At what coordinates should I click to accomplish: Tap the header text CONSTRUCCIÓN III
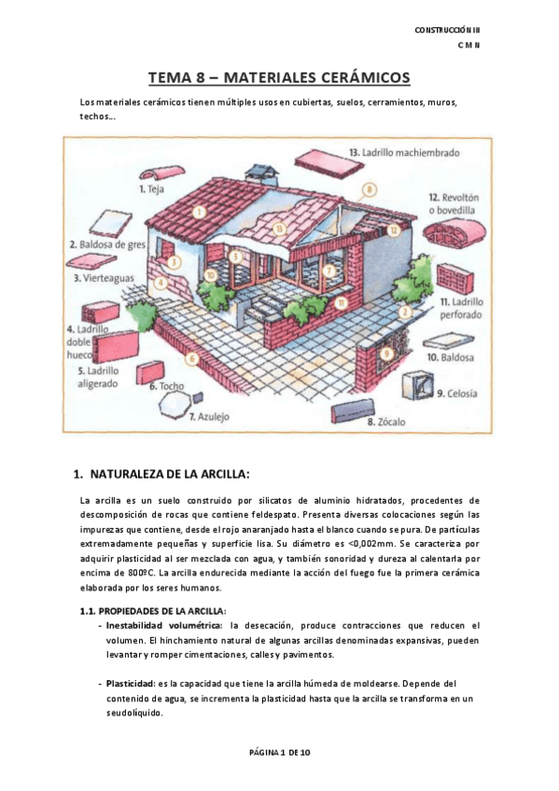point(447,31)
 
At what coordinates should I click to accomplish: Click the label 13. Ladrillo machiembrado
point(402,151)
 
